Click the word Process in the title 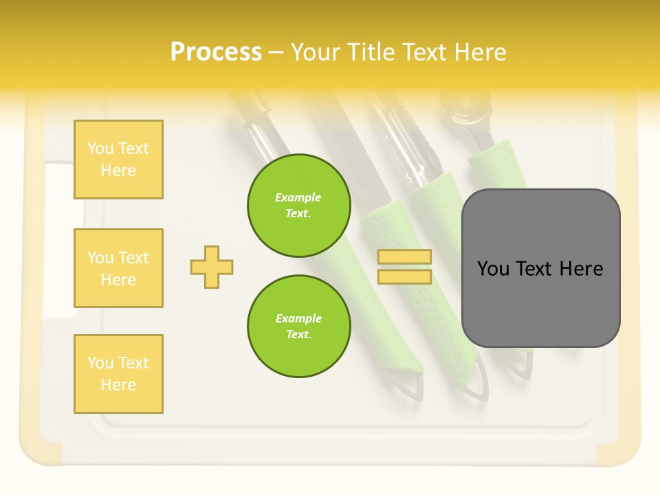(x=216, y=52)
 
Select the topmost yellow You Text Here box (x=118, y=159)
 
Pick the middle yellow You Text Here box (x=118, y=268)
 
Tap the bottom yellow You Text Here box (x=118, y=373)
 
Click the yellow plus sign (x=212, y=267)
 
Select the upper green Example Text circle (x=298, y=206)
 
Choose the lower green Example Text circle (x=298, y=326)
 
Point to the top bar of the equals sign (x=405, y=257)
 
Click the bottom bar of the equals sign (x=405, y=276)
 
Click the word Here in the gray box (x=581, y=269)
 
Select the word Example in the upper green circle (x=298, y=197)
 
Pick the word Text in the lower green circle (x=298, y=335)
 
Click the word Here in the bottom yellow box (x=118, y=385)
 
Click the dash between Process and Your (x=276, y=52)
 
